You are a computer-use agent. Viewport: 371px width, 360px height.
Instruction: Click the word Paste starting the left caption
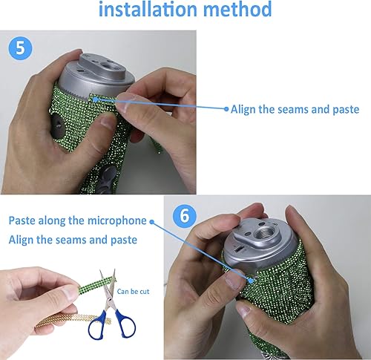[x=22, y=221]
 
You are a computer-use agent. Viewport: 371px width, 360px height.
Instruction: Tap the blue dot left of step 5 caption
[x=227, y=108]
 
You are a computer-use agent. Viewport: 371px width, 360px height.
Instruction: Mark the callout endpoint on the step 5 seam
[x=93, y=98]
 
